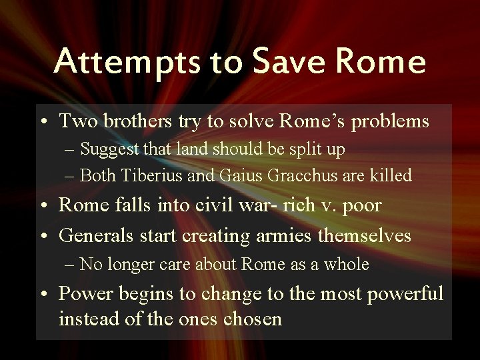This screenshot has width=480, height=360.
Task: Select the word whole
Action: click(x=347, y=264)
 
